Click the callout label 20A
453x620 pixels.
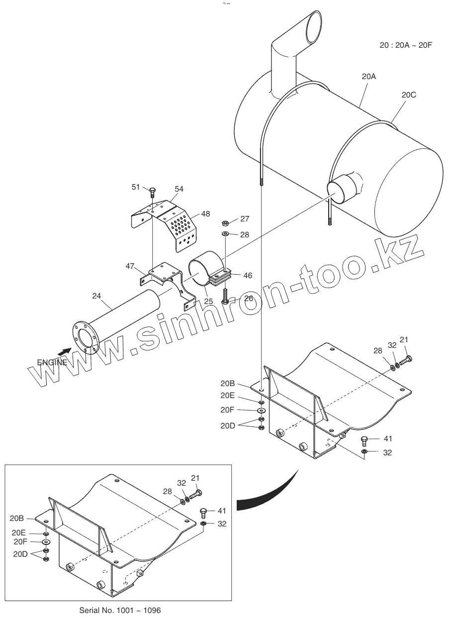pos(368,77)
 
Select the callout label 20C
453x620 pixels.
pos(409,95)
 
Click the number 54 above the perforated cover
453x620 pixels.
pos(179,189)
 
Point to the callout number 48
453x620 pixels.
pos(205,213)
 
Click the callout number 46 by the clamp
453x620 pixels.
pos(247,274)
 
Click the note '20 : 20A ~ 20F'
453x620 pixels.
pos(406,45)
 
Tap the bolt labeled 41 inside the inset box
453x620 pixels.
pos(203,512)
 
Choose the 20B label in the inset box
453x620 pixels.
pos(17,518)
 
